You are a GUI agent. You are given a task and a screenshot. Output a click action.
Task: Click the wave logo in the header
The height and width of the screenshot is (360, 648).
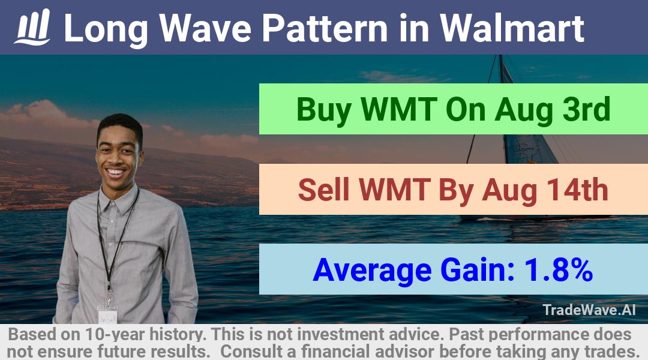click(32, 27)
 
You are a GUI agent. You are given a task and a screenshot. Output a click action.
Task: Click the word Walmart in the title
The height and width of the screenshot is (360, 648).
click(512, 28)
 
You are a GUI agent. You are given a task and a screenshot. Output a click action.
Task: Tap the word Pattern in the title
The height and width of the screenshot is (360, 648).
click(325, 28)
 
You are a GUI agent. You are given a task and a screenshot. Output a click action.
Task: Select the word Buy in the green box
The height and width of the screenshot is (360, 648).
click(323, 110)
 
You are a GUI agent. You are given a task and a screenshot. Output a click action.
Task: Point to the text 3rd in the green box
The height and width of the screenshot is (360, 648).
click(586, 109)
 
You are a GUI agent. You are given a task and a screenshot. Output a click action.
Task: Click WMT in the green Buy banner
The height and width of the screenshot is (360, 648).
click(398, 109)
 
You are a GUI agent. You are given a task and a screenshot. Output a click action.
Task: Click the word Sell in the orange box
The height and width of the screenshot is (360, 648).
click(323, 190)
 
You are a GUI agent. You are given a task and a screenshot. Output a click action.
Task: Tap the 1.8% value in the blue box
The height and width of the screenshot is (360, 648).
click(559, 270)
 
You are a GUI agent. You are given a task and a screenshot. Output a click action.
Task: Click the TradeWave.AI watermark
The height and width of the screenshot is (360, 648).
click(589, 310)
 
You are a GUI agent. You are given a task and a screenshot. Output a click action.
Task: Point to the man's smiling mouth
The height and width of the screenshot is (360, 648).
click(116, 172)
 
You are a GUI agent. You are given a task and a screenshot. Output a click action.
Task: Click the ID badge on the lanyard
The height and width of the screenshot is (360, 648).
click(107, 314)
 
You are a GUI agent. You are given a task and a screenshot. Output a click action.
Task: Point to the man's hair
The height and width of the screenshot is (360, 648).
click(120, 124)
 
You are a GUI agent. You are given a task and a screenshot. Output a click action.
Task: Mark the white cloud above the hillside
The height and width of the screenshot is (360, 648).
click(41, 113)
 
